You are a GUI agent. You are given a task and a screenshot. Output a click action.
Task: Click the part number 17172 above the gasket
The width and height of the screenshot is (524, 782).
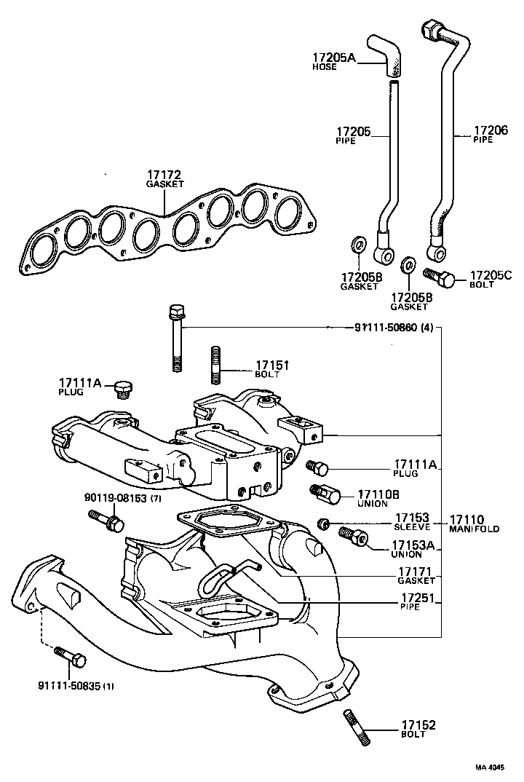pyautogui.click(x=163, y=175)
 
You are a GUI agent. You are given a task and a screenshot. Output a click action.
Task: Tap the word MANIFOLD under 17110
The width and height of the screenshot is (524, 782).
pyautogui.click(x=473, y=529)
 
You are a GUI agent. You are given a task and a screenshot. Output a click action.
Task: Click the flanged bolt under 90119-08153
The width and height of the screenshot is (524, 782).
pyautogui.click(x=106, y=520)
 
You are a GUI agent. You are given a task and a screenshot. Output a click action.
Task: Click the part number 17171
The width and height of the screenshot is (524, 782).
pyautogui.click(x=416, y=572)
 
